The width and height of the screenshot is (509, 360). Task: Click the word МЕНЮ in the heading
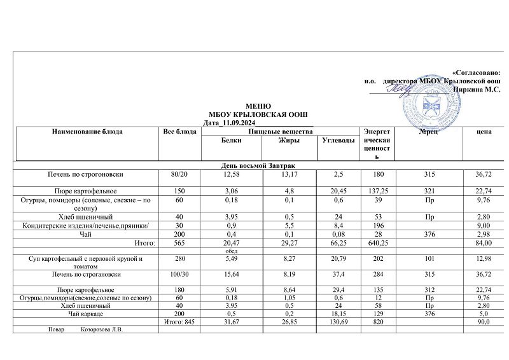point(258,106)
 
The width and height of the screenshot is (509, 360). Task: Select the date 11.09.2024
point(235,122)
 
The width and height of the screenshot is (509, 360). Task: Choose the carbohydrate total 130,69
point(338,323)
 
